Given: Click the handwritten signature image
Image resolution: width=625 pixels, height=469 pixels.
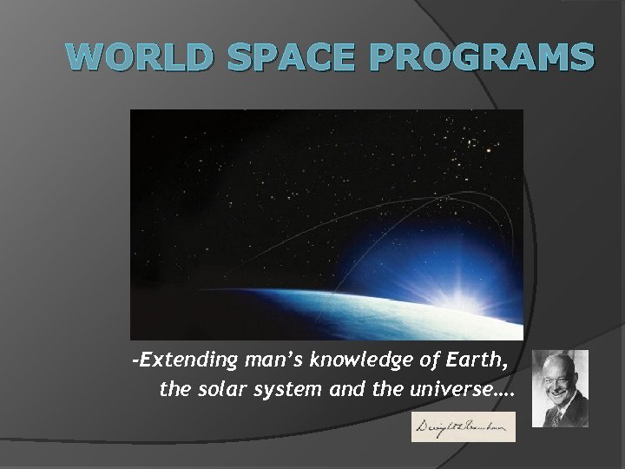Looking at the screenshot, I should [x=463, y=426].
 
